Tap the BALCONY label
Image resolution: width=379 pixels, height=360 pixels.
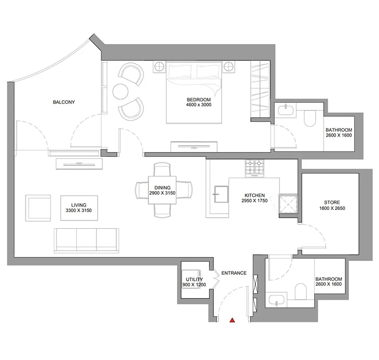(64, 103)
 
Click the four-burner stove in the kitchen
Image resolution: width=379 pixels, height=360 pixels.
(256, 168)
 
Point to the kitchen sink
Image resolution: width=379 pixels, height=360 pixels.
(221, 192)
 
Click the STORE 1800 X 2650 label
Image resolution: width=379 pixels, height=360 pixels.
(332, 206)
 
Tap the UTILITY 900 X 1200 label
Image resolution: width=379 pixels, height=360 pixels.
(192, 282)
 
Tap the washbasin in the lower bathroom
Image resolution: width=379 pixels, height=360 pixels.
(276, 299)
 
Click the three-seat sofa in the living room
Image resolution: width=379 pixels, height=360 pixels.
(87, 239)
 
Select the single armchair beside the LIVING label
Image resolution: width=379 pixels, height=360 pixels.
(39, 207)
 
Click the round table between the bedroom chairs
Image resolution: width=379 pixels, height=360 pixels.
(121, 92)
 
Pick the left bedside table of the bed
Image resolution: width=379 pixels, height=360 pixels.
(159, 66)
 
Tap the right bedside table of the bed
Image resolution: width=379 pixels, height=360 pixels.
(229, 67)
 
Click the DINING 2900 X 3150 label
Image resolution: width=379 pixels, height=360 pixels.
(163, 190)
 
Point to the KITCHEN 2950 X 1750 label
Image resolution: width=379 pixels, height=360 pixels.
(254, 198)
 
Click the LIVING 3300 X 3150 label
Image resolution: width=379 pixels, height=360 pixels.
(79, 208)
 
